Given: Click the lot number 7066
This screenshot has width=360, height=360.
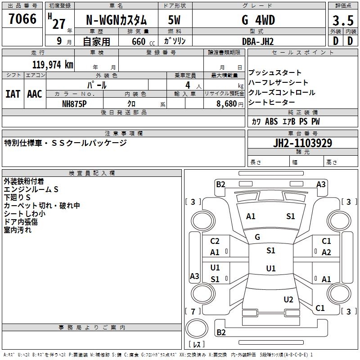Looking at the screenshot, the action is tap(22, 19).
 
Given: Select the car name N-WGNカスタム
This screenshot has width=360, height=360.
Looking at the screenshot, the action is tap(116, 20).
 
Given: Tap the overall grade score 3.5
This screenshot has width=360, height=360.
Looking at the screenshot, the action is tap(343, 20).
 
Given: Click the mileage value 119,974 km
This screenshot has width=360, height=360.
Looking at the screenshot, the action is tap(53, 65).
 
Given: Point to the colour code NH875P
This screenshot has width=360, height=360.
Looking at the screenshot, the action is tap(74, 104).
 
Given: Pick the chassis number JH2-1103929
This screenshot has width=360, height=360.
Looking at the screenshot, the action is tap(302, 143).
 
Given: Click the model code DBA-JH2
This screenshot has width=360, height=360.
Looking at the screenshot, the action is tap(258, 41).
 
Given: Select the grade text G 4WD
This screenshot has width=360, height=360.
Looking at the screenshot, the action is tap(258, 20).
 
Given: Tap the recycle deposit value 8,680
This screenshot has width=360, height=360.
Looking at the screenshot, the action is tap(226, 104).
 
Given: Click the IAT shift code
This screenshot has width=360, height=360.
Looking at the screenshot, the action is tap(13, 94).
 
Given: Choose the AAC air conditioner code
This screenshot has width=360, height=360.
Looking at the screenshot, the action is tap(35, 94).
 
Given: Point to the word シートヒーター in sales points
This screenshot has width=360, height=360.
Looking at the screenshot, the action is tap(272, 102).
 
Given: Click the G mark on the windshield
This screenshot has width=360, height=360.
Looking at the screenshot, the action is tap(257, 237).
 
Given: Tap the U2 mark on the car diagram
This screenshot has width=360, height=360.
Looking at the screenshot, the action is tap(288, 300).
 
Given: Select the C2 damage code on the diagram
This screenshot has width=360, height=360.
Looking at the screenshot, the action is tap(215, 241).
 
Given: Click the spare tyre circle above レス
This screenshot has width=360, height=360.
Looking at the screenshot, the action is tap(197, 328).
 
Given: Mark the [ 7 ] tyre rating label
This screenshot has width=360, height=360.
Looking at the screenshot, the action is tap(193, 311).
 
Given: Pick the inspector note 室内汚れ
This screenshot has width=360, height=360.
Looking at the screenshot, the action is tap(18, 230).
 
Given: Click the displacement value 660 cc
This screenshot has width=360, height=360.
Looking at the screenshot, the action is tap(143, 42).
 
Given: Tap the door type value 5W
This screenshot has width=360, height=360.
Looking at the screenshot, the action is tap(174, 20).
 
